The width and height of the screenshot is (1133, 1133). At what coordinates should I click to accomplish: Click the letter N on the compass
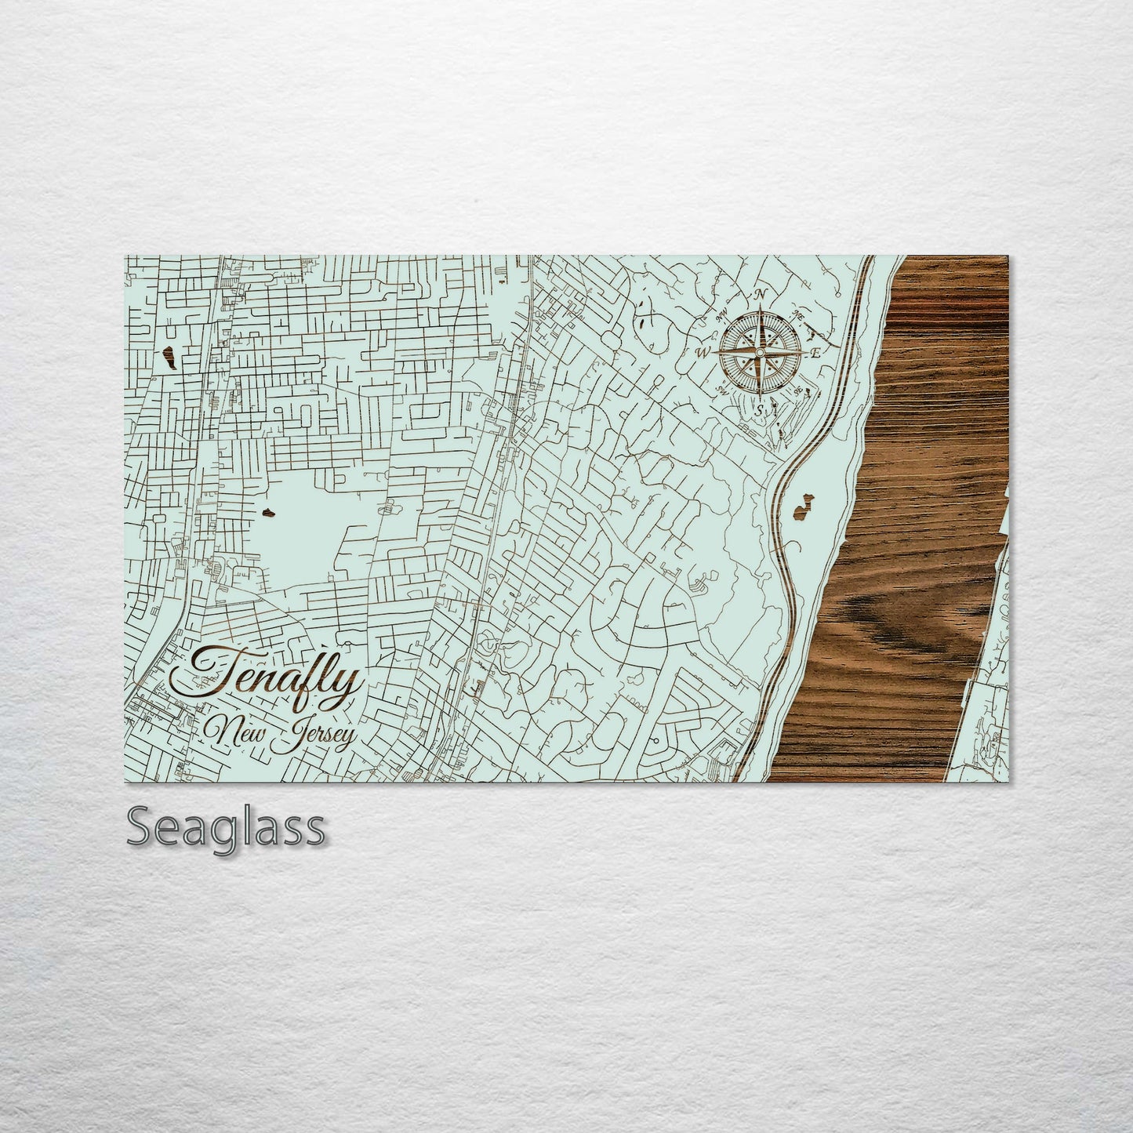[760, 296]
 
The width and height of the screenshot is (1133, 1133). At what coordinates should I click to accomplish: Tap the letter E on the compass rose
[815, 353]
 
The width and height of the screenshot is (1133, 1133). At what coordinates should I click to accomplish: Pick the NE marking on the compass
[799, 315]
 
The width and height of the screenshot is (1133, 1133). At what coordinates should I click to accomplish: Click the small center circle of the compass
[759, 353]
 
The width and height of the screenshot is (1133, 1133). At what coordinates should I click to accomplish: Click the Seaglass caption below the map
[225, 827]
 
